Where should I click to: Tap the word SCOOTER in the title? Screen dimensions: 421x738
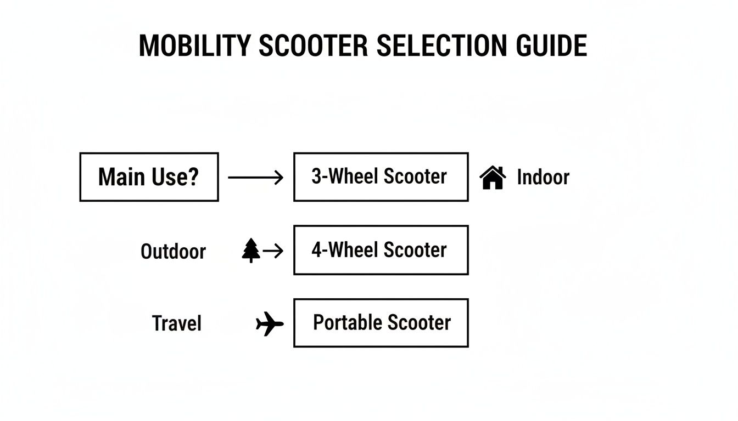tap(313, 45)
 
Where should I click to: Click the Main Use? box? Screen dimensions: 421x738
tap(149, 177)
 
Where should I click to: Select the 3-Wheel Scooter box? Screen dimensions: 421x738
tap(381, 177)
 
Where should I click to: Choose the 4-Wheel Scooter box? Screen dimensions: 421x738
tap(381, 250)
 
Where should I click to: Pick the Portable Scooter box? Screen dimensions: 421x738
tap(381, 323)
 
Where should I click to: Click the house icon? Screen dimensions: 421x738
tap(493, 178)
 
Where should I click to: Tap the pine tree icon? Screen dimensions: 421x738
tap(251, 251)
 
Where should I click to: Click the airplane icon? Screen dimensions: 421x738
tap(270, 323)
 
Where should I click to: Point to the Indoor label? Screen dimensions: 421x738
tap(543, 178)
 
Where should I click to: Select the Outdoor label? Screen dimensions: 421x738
tap(173, 252)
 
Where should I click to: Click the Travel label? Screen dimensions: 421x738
tap(177, 323)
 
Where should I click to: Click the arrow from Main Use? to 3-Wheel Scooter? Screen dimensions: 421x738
tap(255, 177)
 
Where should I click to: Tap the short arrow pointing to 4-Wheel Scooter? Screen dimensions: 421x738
tap(273, 251)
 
